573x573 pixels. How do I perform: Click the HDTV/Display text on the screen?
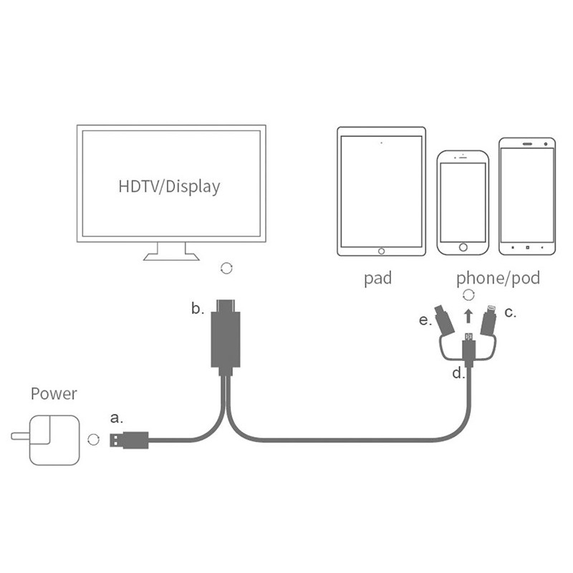pos(169,187)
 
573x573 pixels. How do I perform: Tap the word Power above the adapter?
pos(54,393)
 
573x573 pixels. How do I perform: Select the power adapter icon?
pos(44,438)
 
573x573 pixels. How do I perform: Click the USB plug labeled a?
pos(128,439)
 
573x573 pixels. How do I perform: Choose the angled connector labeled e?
pos(445,322)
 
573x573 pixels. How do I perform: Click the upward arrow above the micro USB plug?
pos(468,315)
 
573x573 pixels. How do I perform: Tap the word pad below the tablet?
pos(377,278)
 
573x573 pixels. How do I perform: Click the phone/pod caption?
pos(499,278)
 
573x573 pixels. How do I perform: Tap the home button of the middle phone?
pos(463,248)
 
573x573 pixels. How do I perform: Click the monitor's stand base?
pos(171,255)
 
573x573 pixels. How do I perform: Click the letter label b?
pos(197,309)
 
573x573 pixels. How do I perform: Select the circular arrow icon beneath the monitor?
pos(226,268)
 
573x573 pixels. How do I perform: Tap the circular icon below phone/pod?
pos(468,294)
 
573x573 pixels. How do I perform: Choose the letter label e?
pos(425,320)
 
